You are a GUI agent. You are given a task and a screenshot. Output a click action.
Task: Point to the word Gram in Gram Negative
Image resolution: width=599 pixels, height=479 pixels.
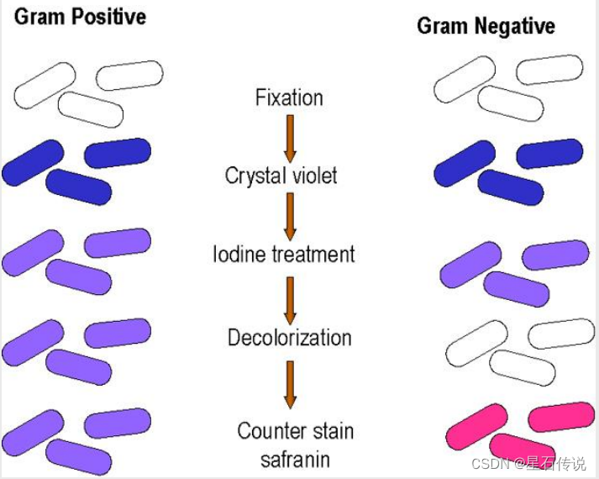(x=441, y=26)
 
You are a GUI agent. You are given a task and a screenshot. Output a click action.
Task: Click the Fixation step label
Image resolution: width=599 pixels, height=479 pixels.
(x=289, y=97)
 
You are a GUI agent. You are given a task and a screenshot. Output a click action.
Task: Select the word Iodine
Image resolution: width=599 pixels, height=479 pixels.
(x=240, y=253)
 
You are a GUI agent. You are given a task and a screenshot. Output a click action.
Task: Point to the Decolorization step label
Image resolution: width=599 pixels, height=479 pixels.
(x=289, y=338)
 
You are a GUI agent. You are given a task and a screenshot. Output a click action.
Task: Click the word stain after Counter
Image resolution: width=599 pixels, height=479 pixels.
(x=330, y=432)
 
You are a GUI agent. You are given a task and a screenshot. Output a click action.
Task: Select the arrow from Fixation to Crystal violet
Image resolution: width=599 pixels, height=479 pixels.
(x=290, y=137)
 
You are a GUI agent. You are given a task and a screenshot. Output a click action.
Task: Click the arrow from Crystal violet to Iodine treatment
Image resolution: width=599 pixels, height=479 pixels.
(x=290, y=214)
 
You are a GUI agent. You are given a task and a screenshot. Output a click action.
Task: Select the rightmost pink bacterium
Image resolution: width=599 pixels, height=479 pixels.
(x=560, y=416)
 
